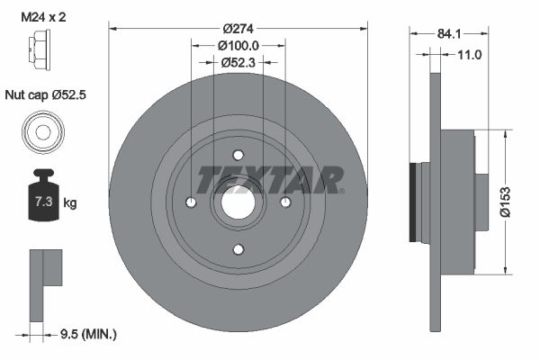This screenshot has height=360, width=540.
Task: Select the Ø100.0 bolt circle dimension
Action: (x=238, y=45)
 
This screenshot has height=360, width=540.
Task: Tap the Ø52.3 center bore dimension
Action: (x=238, y=62)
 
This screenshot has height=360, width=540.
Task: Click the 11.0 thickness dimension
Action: (x=470, y=55)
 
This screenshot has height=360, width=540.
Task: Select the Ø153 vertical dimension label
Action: (x=506, y=202)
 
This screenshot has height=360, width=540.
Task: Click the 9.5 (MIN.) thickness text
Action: (x=86, y=334)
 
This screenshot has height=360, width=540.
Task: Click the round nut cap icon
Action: (x=40, y=132)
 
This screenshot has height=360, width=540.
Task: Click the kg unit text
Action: (x=70, y=203)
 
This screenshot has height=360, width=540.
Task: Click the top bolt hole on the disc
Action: (x=238, y=154)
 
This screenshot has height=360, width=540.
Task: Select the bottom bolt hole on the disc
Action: (x=238, y=249)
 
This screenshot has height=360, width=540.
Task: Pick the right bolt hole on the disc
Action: (x=285, y=202)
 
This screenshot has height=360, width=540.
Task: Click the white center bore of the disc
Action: (x=238, y=202)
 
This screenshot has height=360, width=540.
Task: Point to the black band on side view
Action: (x=415, y=202)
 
